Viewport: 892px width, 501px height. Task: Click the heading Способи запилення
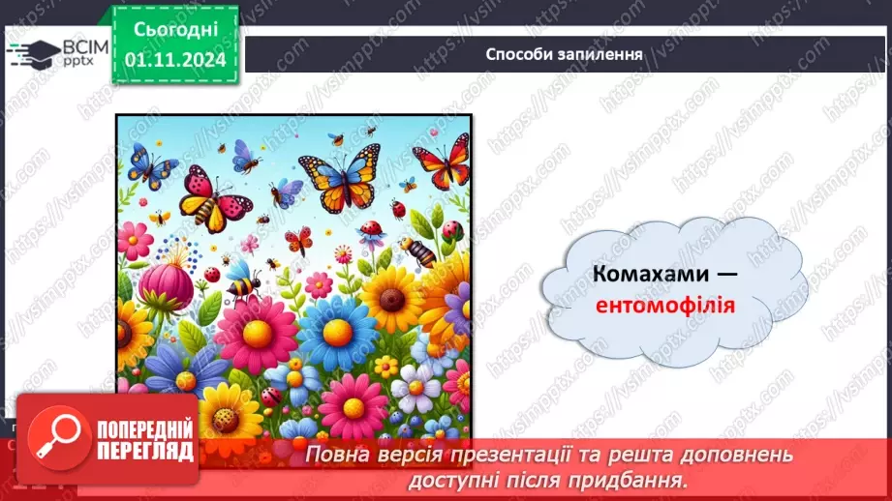pos(564,53)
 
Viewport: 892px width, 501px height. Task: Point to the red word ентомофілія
pos(666,306)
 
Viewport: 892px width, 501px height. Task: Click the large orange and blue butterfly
pos(338,176)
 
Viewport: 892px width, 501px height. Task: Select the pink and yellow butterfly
pos(214,197)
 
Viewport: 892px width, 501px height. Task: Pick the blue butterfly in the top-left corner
pos(152,164)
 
